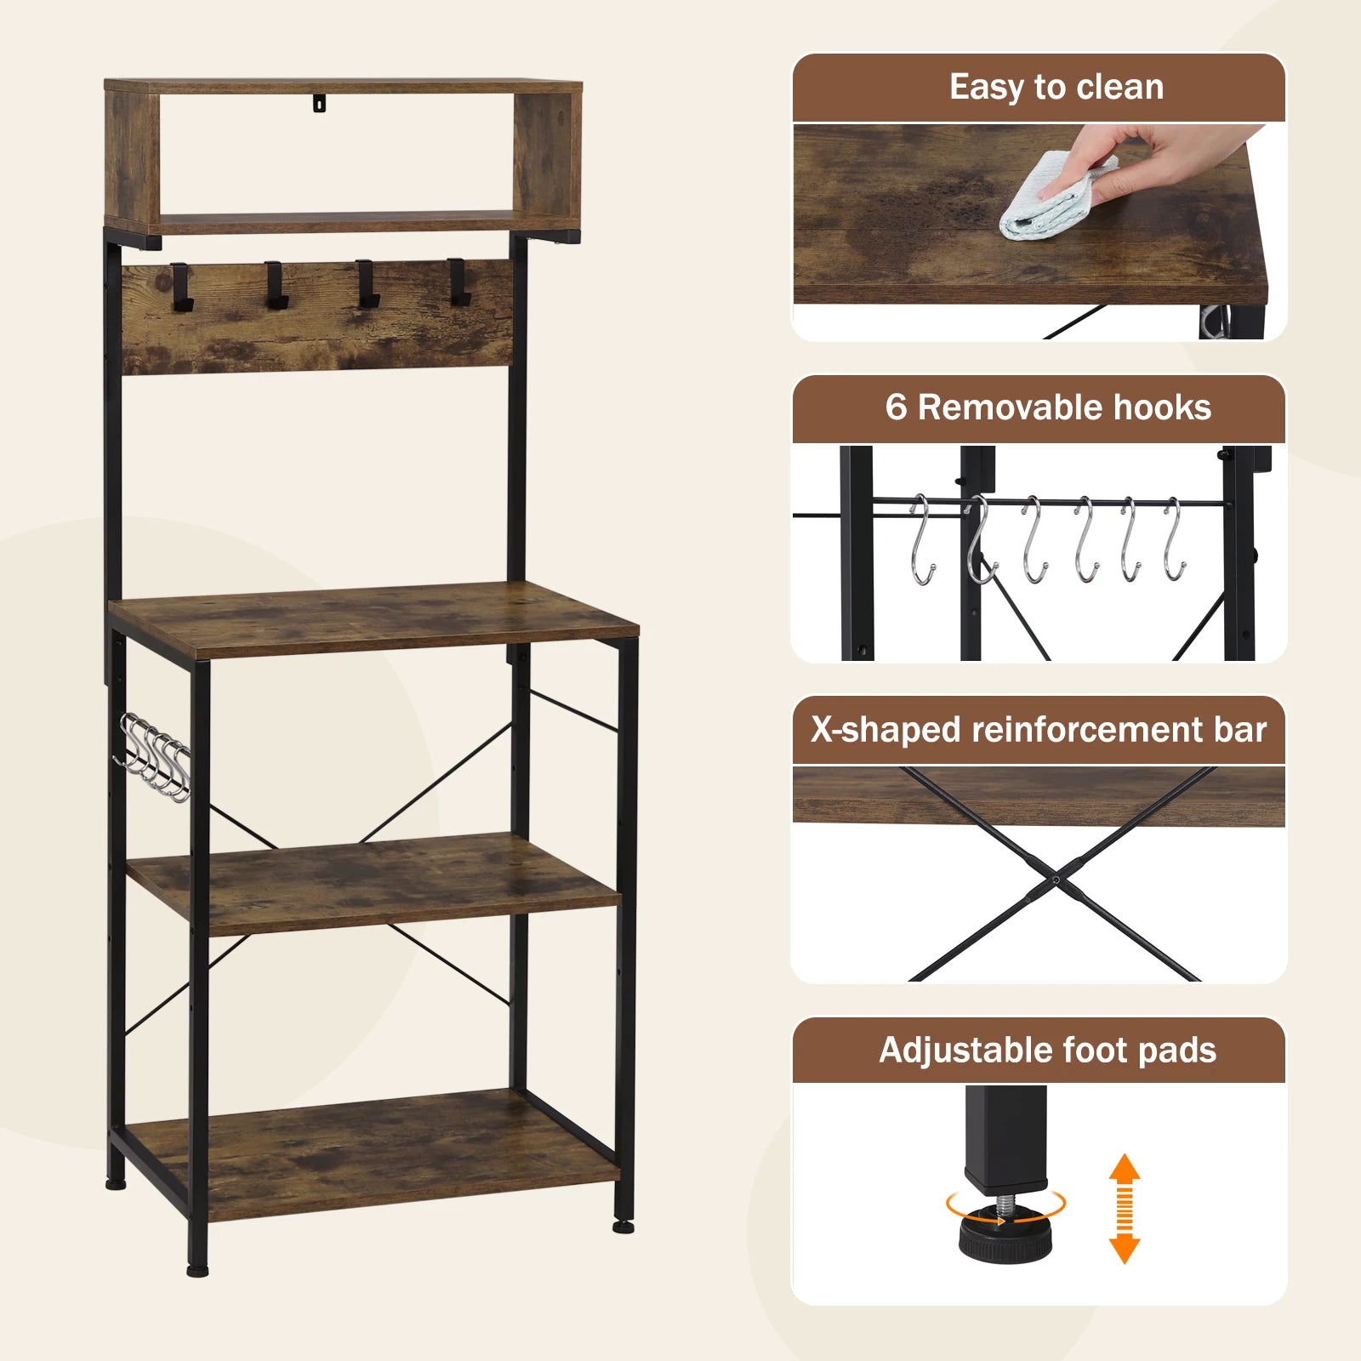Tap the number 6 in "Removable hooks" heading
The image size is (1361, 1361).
pyautogui.click(x=896, y=407)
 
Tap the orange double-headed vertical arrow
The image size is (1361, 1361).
pyautogui.click(x=1125, y=1208)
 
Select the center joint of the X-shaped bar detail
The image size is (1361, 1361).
pyautogui.click(x=1055, y=880)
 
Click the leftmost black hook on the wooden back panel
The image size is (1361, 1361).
pyautogui.click(x=182, y=286)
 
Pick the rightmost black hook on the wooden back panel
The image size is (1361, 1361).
pyautogui.click(x=458, y=282)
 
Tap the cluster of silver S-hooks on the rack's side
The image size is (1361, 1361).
pyautogui.click(x=153, y=757)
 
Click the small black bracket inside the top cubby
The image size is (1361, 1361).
pyautogui.click(x=319, y=102)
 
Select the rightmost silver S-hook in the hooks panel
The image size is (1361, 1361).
pyautogui.click(x=1174, y=540)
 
